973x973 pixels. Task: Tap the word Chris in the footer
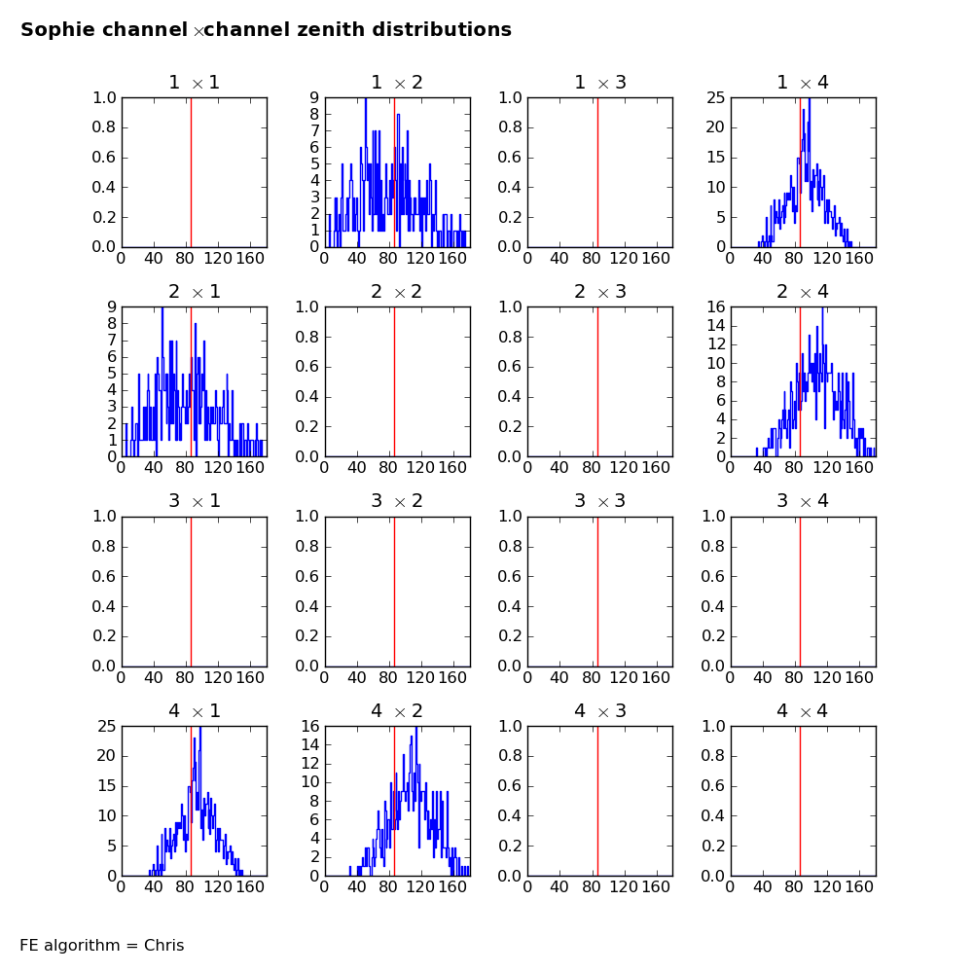point(163,945)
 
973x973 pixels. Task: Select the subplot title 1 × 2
point(397,83)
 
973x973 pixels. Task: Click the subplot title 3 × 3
point(600,501)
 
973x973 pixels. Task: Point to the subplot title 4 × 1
point(195,710)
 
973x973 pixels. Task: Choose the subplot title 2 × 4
point(803,292)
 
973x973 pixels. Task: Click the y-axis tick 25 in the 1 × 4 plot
point(715,97)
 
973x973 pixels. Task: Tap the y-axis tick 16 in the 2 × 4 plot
point(716,306)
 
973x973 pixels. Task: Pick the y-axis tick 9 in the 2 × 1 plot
point(112,306)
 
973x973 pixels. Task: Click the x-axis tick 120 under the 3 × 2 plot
point(420,677)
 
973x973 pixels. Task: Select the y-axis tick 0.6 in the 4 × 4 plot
point(712,785)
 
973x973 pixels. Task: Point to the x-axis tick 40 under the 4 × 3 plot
point(559,887)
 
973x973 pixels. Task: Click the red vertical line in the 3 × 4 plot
point(801,592)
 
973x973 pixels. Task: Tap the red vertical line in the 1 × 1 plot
point(191,172)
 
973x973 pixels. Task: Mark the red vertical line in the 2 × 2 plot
point(395,381)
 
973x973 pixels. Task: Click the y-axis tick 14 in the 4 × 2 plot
point(310,744)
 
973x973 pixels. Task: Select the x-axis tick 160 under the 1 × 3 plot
point(656,258)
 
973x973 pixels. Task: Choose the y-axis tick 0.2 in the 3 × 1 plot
point(104,636)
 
